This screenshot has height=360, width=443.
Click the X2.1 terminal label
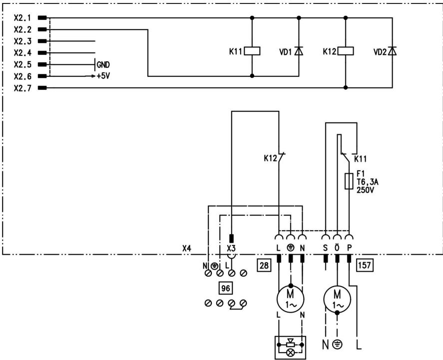click(x=22, y=18)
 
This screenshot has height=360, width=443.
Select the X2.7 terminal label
click(x=22, y=88)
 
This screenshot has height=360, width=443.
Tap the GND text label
click(x=103, y=64)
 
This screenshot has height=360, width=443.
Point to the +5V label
click(x=104, y=76)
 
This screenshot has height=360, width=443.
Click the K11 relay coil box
click(x=252, y=51)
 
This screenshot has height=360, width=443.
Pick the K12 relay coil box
click(x=346, y=51)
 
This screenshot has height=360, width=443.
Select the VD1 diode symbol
click(x=299, y=51)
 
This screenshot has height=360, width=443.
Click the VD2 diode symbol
click(x=392, y=51)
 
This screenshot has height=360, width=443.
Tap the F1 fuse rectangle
click(x=349, y=182)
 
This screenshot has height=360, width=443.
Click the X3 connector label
click(x=231, y=248)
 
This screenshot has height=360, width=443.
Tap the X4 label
click(x=186, y=248)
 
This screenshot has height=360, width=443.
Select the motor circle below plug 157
click(x=337, y=299)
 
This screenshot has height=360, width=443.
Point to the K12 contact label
click(x=270, y=159)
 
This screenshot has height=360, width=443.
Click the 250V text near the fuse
click(x=365, y=190)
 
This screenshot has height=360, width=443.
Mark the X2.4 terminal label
click(x=22, y=53)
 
